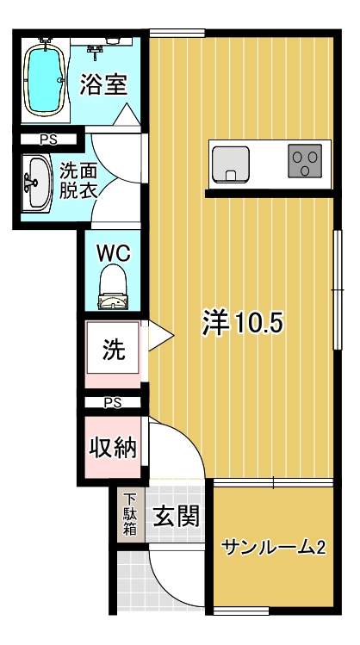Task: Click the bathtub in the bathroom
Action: [x=44, y=78]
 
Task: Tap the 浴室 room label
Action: [x=103, y=84]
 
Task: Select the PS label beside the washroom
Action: [x=48, y=140]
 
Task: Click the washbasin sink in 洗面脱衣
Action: [x=37, y=183]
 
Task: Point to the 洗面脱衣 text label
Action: [x=78, y=181]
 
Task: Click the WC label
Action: [x=113, y=253]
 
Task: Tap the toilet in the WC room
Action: [x=113, y=287]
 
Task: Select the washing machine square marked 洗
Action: [x=113, y=348]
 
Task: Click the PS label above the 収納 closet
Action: [x=113, y=403]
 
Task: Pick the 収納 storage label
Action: [x=113, y=448]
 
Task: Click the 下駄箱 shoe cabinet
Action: [x=130, y=515]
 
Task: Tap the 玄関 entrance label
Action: [x=176, y=516]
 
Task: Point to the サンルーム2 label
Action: [x=274, y=548]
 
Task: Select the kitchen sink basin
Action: [x=231, y=164]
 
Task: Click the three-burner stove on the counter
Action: [x=305, y=161]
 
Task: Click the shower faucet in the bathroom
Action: [x=95, y=52]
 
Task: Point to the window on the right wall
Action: [x=338, y=290]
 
